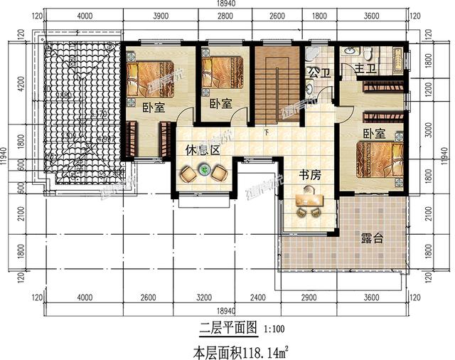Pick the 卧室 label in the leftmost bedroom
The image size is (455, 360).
[x=154, y=109]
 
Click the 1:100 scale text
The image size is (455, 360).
[x=276, y=329]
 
